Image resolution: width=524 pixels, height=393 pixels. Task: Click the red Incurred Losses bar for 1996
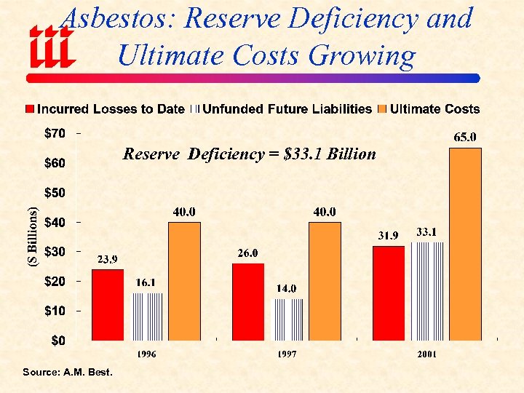108,304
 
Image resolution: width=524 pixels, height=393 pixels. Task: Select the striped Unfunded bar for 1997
287,319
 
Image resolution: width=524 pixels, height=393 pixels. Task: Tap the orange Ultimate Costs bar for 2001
465,244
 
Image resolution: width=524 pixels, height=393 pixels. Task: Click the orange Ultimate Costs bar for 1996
184,281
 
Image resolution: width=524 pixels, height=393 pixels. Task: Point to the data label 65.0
466,137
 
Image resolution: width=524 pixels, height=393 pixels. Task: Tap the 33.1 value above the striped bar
426,231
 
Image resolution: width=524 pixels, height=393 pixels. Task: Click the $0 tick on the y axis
57,340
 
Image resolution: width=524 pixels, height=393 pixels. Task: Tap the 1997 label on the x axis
288,354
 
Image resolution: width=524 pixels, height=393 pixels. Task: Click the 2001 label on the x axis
427,354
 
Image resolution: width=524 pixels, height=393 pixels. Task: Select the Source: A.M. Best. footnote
68,373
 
